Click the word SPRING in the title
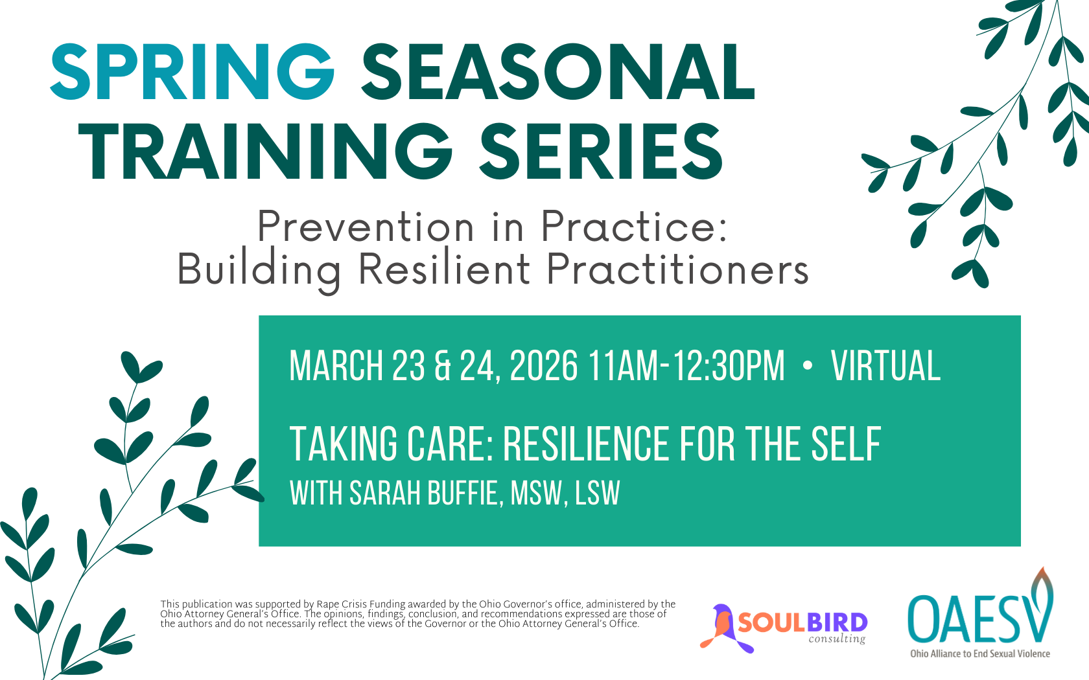coord(193,72)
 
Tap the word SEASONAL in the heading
coord(557,72)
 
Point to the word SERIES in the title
coord(601,151)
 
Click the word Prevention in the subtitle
coord(366,227)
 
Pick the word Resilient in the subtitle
coord(444,269)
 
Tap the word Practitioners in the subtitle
coord(677,269)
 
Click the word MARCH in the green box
coord(336,366)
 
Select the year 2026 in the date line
coord(543,366)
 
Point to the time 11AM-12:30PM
coord(686,366)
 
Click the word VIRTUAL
coord(885,366)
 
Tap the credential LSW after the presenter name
coord(598,493)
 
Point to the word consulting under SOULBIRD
coord(837,639)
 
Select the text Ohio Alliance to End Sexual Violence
coord(980,654)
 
